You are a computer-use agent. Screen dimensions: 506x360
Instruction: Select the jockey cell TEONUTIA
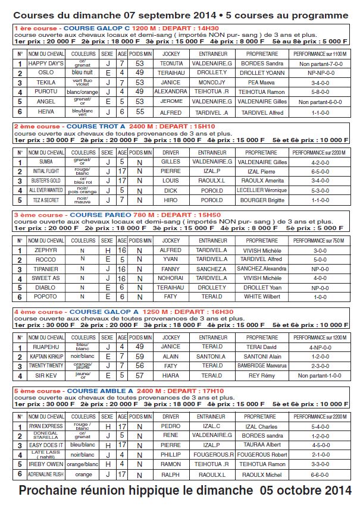pos(171,63)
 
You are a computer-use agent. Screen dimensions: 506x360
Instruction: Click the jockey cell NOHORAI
pos(171,278)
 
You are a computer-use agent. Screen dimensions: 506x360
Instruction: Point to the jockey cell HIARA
pos(171,376)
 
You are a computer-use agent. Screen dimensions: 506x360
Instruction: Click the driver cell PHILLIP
pos(171,454)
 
